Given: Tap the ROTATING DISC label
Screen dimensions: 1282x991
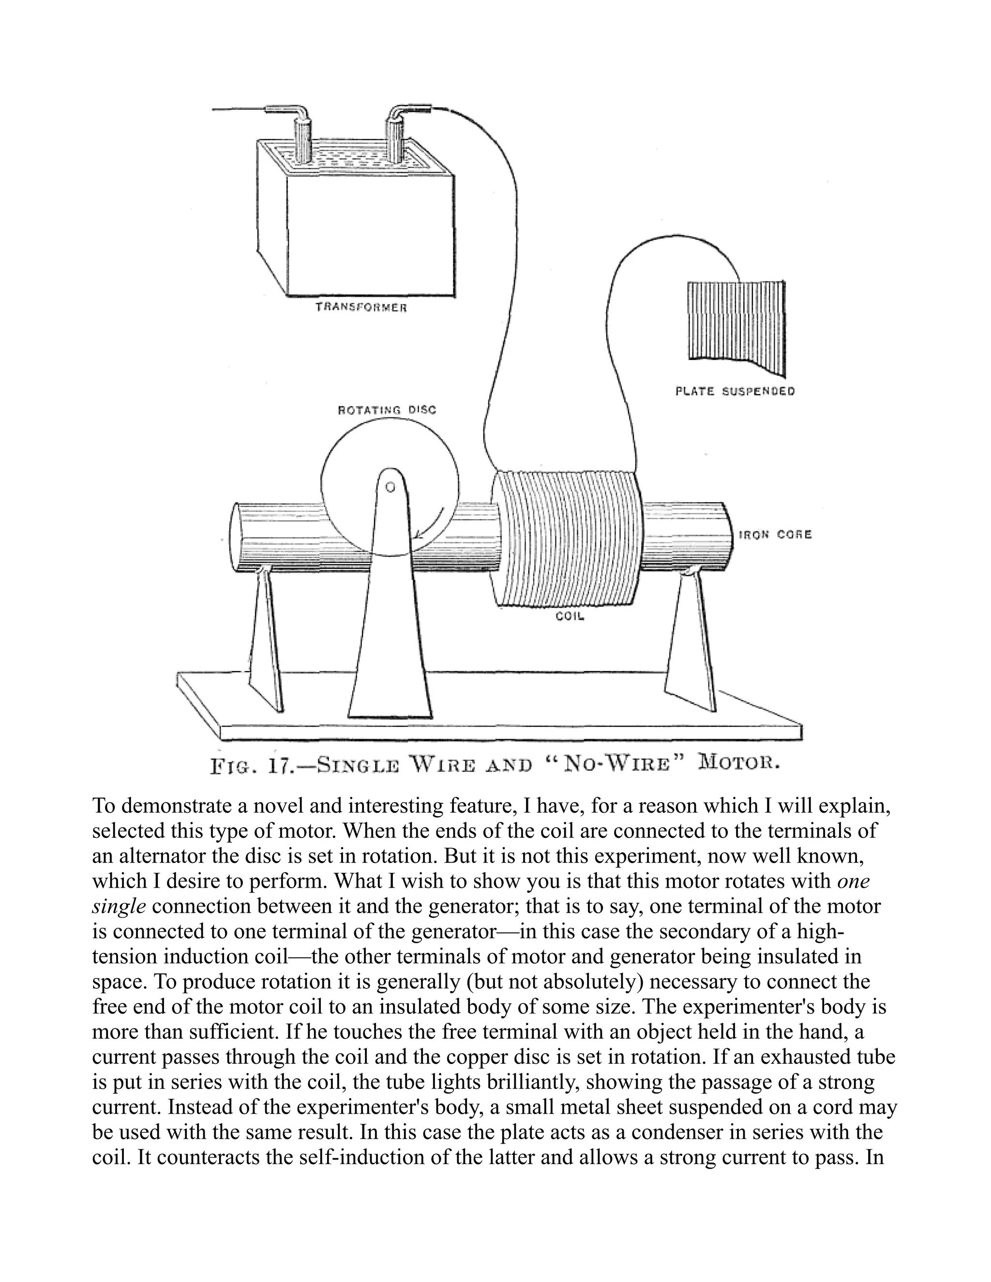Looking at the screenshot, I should coord(387,410).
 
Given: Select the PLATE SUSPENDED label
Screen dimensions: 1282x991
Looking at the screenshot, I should coord(735,391).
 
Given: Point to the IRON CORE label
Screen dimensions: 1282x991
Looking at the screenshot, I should coord(775,534).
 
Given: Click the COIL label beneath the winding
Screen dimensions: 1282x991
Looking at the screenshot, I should coord(570,616).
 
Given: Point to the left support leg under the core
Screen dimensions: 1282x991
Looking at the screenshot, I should coord(265,640).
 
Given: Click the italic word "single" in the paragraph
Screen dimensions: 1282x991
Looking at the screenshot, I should coord(119,906).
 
